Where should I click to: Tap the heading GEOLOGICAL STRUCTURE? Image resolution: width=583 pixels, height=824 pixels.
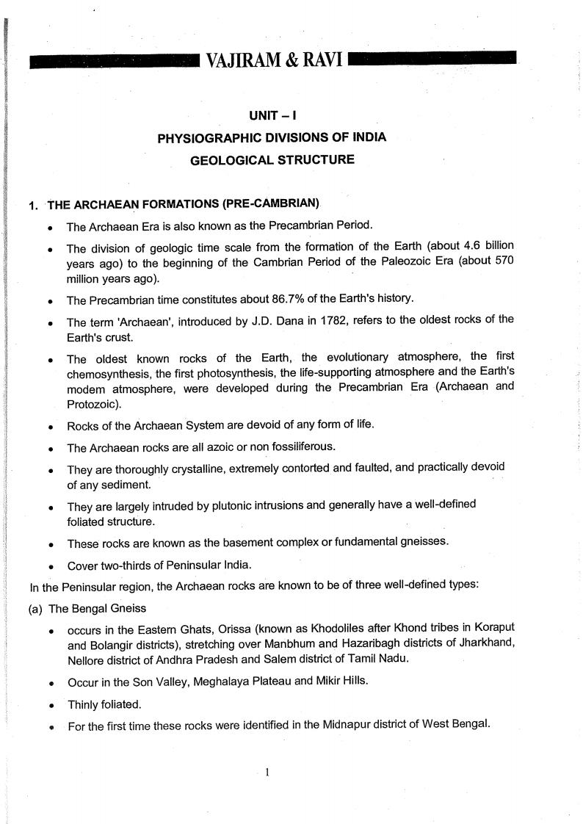(x=272, y=159)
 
